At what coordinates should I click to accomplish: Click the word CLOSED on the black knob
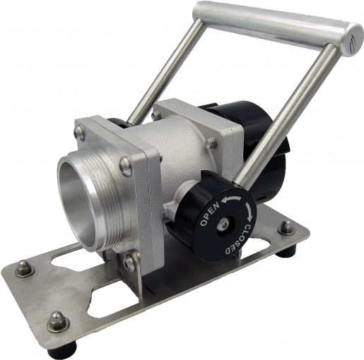pyautogui.click(x=237, y=240)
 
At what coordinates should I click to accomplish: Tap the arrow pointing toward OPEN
pyautogui.click(x=232, y=199)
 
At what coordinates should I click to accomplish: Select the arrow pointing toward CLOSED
pyautogui.click(x=249, y=211)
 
